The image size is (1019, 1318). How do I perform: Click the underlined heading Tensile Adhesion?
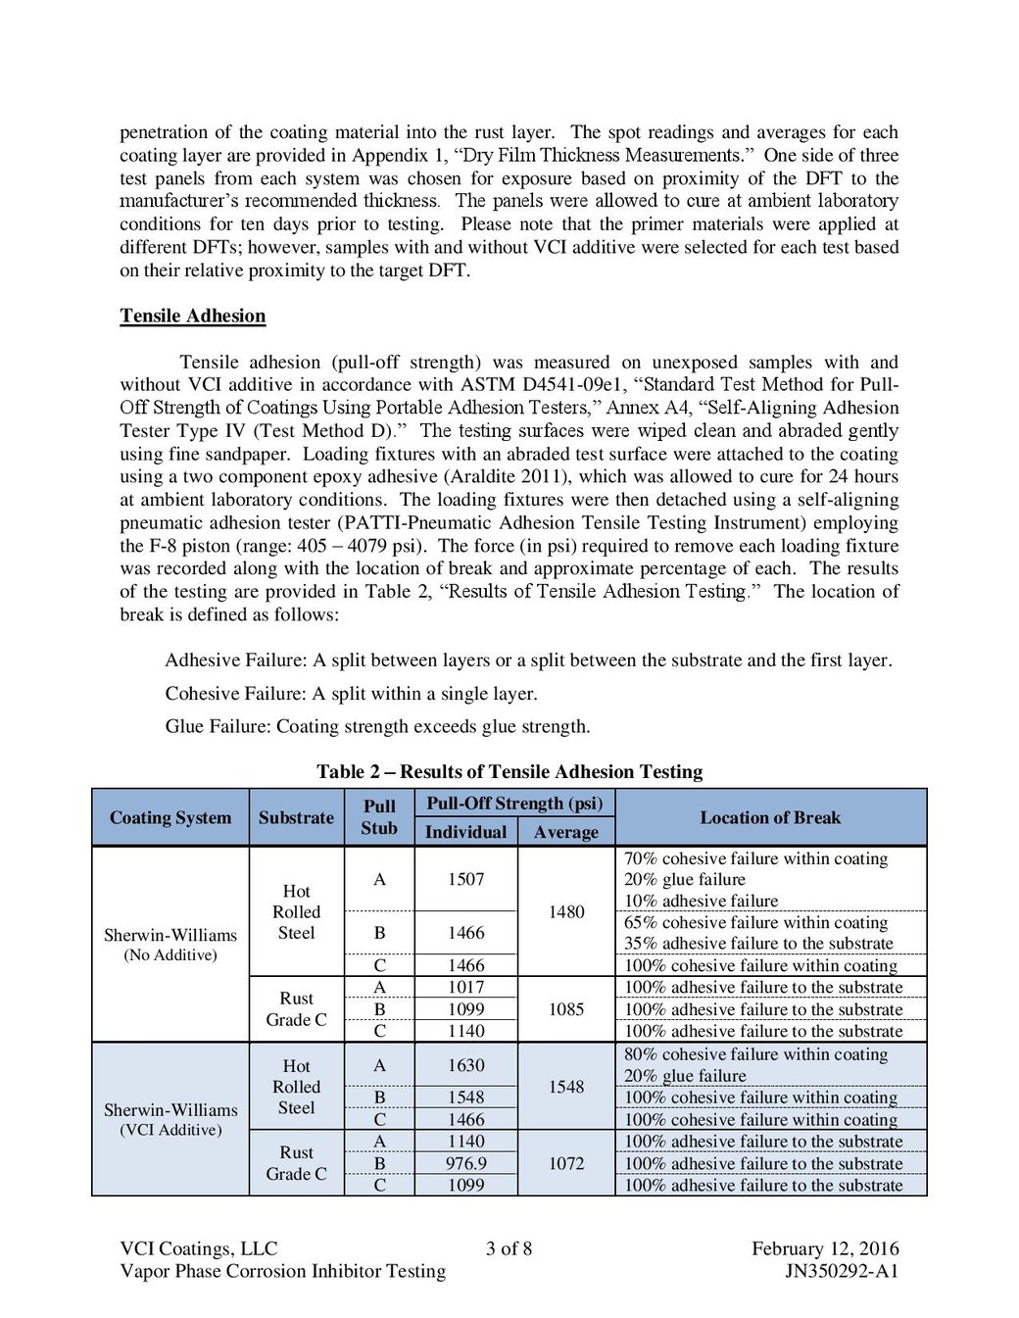pyautogui.click(x=193, y=316)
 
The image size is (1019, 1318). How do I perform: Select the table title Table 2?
pyautogui.click(x=509, y=771)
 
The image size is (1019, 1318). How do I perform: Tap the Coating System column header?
pyautogui.click(x=170, y=817)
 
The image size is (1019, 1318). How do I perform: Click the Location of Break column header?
pyautogui.click(x=770, y=817)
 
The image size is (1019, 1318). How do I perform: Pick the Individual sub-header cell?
pyautogui.click(x=465, y=832)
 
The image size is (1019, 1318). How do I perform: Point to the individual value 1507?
pyautogui.click(x=465, y=879)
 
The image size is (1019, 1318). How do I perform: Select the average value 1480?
pyautogui.click(x=566, y=911)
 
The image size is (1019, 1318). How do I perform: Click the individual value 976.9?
pyautogui.click(x=465, y=1163)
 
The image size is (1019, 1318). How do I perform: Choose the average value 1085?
pyautogui.click(x=566, y=1008)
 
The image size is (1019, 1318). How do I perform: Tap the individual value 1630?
pyautogui.click(x=465, y=1065)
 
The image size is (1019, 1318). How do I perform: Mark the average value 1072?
pyautogui.click(x=566, y=1163)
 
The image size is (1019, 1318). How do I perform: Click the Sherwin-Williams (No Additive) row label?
pyautogui.click(x=170, y=944)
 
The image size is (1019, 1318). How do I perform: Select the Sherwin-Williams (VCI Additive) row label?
pyautogui.click(x=170, y=1119)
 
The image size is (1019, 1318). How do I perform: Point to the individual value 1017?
pyautogui.click(x=465, y=987)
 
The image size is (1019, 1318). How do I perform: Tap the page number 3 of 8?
pyautogui.click(x=509, y=1248)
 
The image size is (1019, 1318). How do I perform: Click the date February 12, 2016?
pyautogui.click(x=825, y=1248)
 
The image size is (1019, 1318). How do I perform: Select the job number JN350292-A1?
pyautogui.click(x=842, y=1271)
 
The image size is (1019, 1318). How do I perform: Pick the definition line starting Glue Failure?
pyautogui.click(x=377, y=726)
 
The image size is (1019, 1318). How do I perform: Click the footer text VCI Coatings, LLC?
pyautogui.click(x=199, y=1248)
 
